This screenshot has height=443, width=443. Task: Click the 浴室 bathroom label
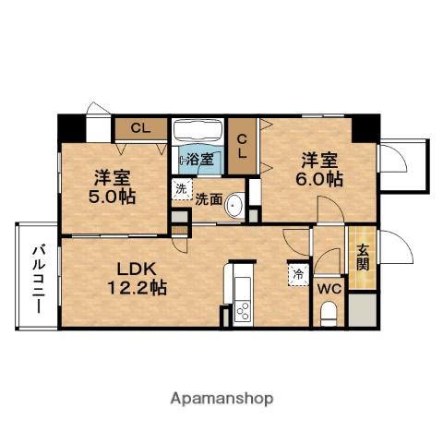click(201, 159)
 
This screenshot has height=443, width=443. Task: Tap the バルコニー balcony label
click(38, 277)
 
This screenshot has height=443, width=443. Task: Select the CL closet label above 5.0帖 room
click(141, 128)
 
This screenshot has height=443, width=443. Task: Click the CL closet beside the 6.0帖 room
click(242, 148)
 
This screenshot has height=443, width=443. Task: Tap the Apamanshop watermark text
click(222, 399)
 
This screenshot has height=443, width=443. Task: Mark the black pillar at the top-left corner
click(70, 126)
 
